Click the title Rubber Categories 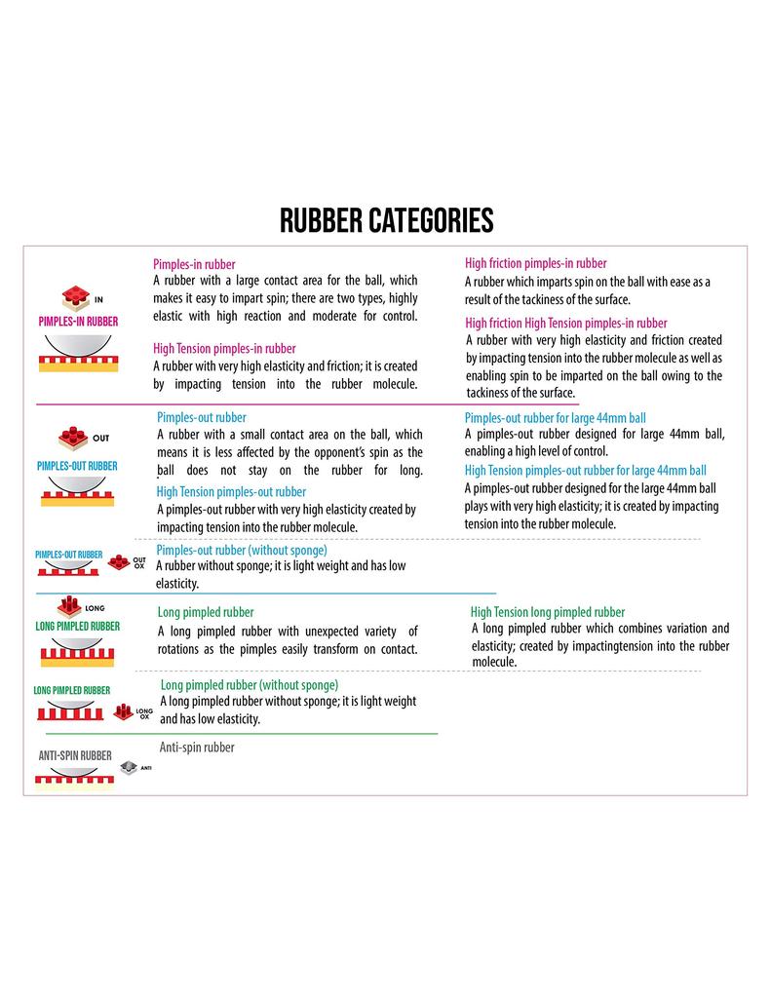click(x=386, y=220)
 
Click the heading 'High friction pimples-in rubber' click(x=535, y=263)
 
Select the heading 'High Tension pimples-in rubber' click(x=224, y=348)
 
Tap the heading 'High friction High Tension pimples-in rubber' click(x=565, y=323)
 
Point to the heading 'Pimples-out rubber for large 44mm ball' click(x=555, y=417)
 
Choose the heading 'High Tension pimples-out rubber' click(x=231, y=491)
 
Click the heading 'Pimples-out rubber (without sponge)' click(x=242, y=550)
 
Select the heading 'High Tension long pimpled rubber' click(x=548, y=612)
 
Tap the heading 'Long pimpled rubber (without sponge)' click(x=249, y=685)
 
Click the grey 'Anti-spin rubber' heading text click(x=197, y=748)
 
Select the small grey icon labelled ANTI click(x=129, y=766)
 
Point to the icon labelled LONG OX click(x=123, y=711)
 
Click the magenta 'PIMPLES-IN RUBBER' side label click(x=78, y=321)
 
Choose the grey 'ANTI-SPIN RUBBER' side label click(x=75, y=755)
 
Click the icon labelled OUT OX click(x=119, y=561)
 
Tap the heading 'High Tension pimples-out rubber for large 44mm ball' click(x=586, y=470)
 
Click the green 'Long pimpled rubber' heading click(x=206, y=612)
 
